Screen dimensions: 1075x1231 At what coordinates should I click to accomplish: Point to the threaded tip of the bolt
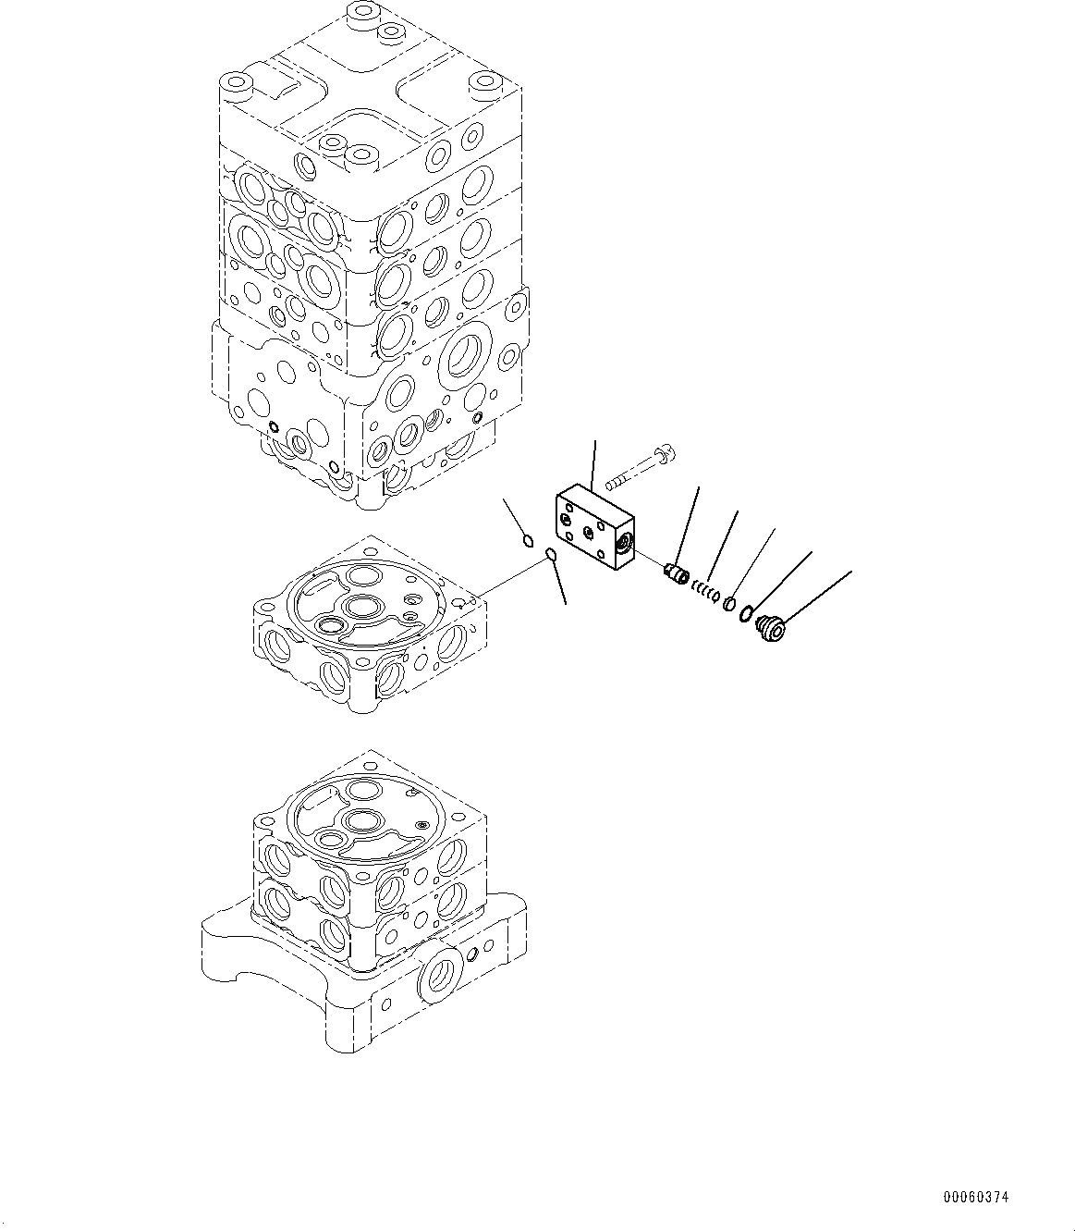(x=612, y=485)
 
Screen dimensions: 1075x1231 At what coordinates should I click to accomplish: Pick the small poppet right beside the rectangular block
(x=677, y=573)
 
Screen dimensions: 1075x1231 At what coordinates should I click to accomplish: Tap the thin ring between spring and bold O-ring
(x=728, y=602)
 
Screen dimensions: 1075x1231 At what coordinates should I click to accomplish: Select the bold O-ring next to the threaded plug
(x=746, y=613)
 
